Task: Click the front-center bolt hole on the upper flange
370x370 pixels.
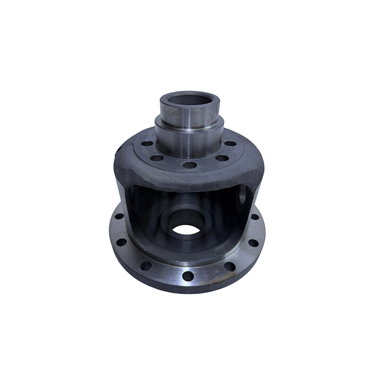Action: pos(189,165)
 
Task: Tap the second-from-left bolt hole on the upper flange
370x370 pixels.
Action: pos(157,157)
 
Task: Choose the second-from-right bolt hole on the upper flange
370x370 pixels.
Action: pos(221,157)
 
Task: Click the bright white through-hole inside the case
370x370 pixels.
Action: pos(187,229)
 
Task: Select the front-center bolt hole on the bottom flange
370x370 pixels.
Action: pos(188,276)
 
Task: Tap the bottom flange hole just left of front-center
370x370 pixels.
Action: pos(146,265)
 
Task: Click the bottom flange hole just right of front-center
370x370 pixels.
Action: pos(229,266)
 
